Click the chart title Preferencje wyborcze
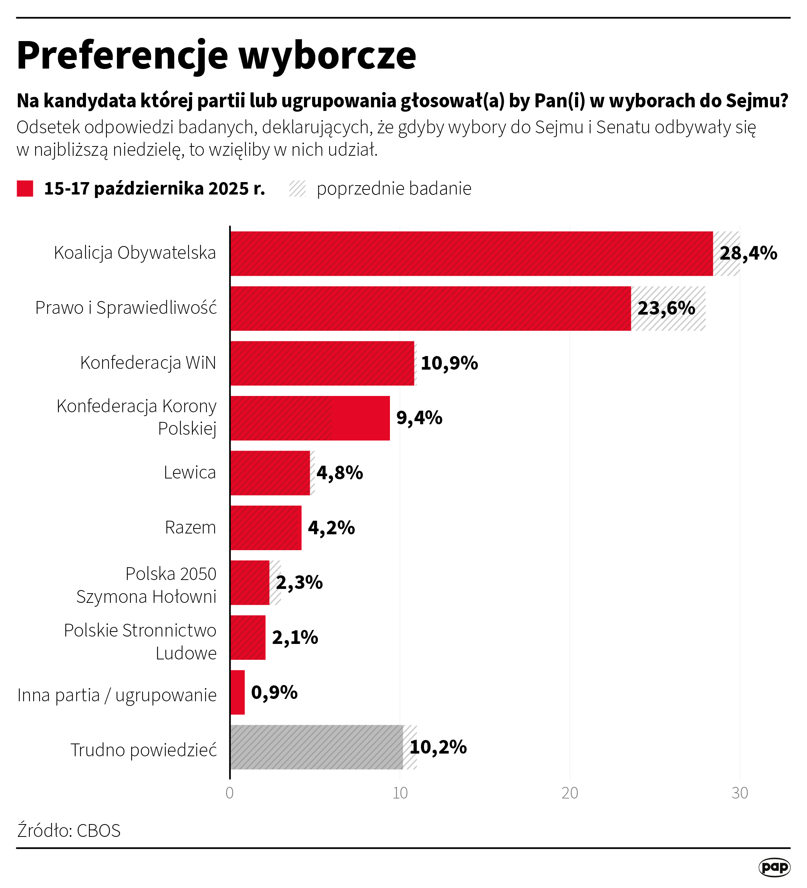[x=216, y=55]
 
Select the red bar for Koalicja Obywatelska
[x=471, y=254]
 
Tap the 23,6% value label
[x=666, y=308]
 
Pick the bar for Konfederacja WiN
[x=322, y=363]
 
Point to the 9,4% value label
[x=419, y=418]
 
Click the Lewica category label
[x=190, y=473]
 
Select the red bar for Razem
[x=266, y=528]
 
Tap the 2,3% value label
[x=299, y=582]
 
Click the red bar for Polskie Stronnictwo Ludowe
[x=248, y=637]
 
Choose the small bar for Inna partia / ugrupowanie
[x=238, y=692]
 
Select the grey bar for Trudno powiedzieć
[x=316, y=747]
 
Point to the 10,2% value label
[x=438, y=747]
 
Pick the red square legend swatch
[x=25, y=189]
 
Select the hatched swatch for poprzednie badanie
[x=298, y=189]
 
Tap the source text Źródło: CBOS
[x=69, y=831]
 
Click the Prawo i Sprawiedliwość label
[x=126, y=308]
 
